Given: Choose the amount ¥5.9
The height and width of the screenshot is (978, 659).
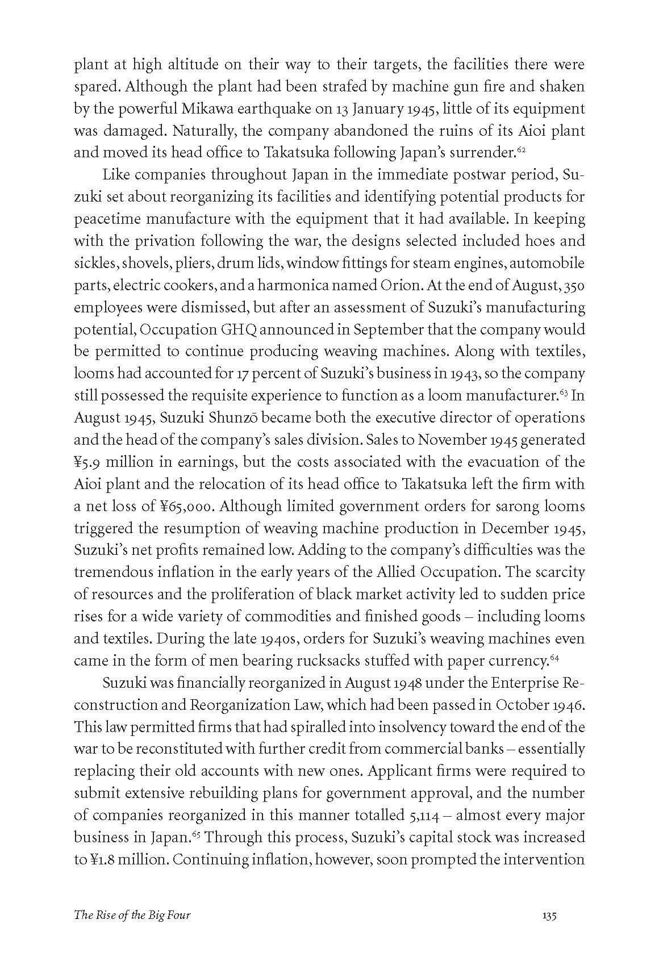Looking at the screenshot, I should [88, 462].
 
